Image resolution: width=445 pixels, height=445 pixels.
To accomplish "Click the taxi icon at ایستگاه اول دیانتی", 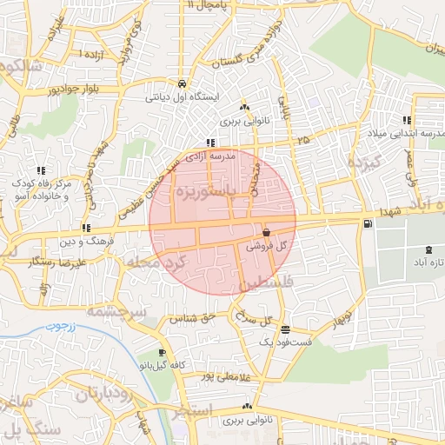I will point(182,84).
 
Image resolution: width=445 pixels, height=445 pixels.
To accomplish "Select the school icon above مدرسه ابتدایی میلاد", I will point(406,121).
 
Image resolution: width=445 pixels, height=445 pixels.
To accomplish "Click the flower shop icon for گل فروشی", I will point(265,233).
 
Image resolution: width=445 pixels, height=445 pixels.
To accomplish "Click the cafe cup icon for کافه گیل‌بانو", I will point(162,353).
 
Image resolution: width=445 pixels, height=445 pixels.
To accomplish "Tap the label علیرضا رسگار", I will point(56,262).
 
